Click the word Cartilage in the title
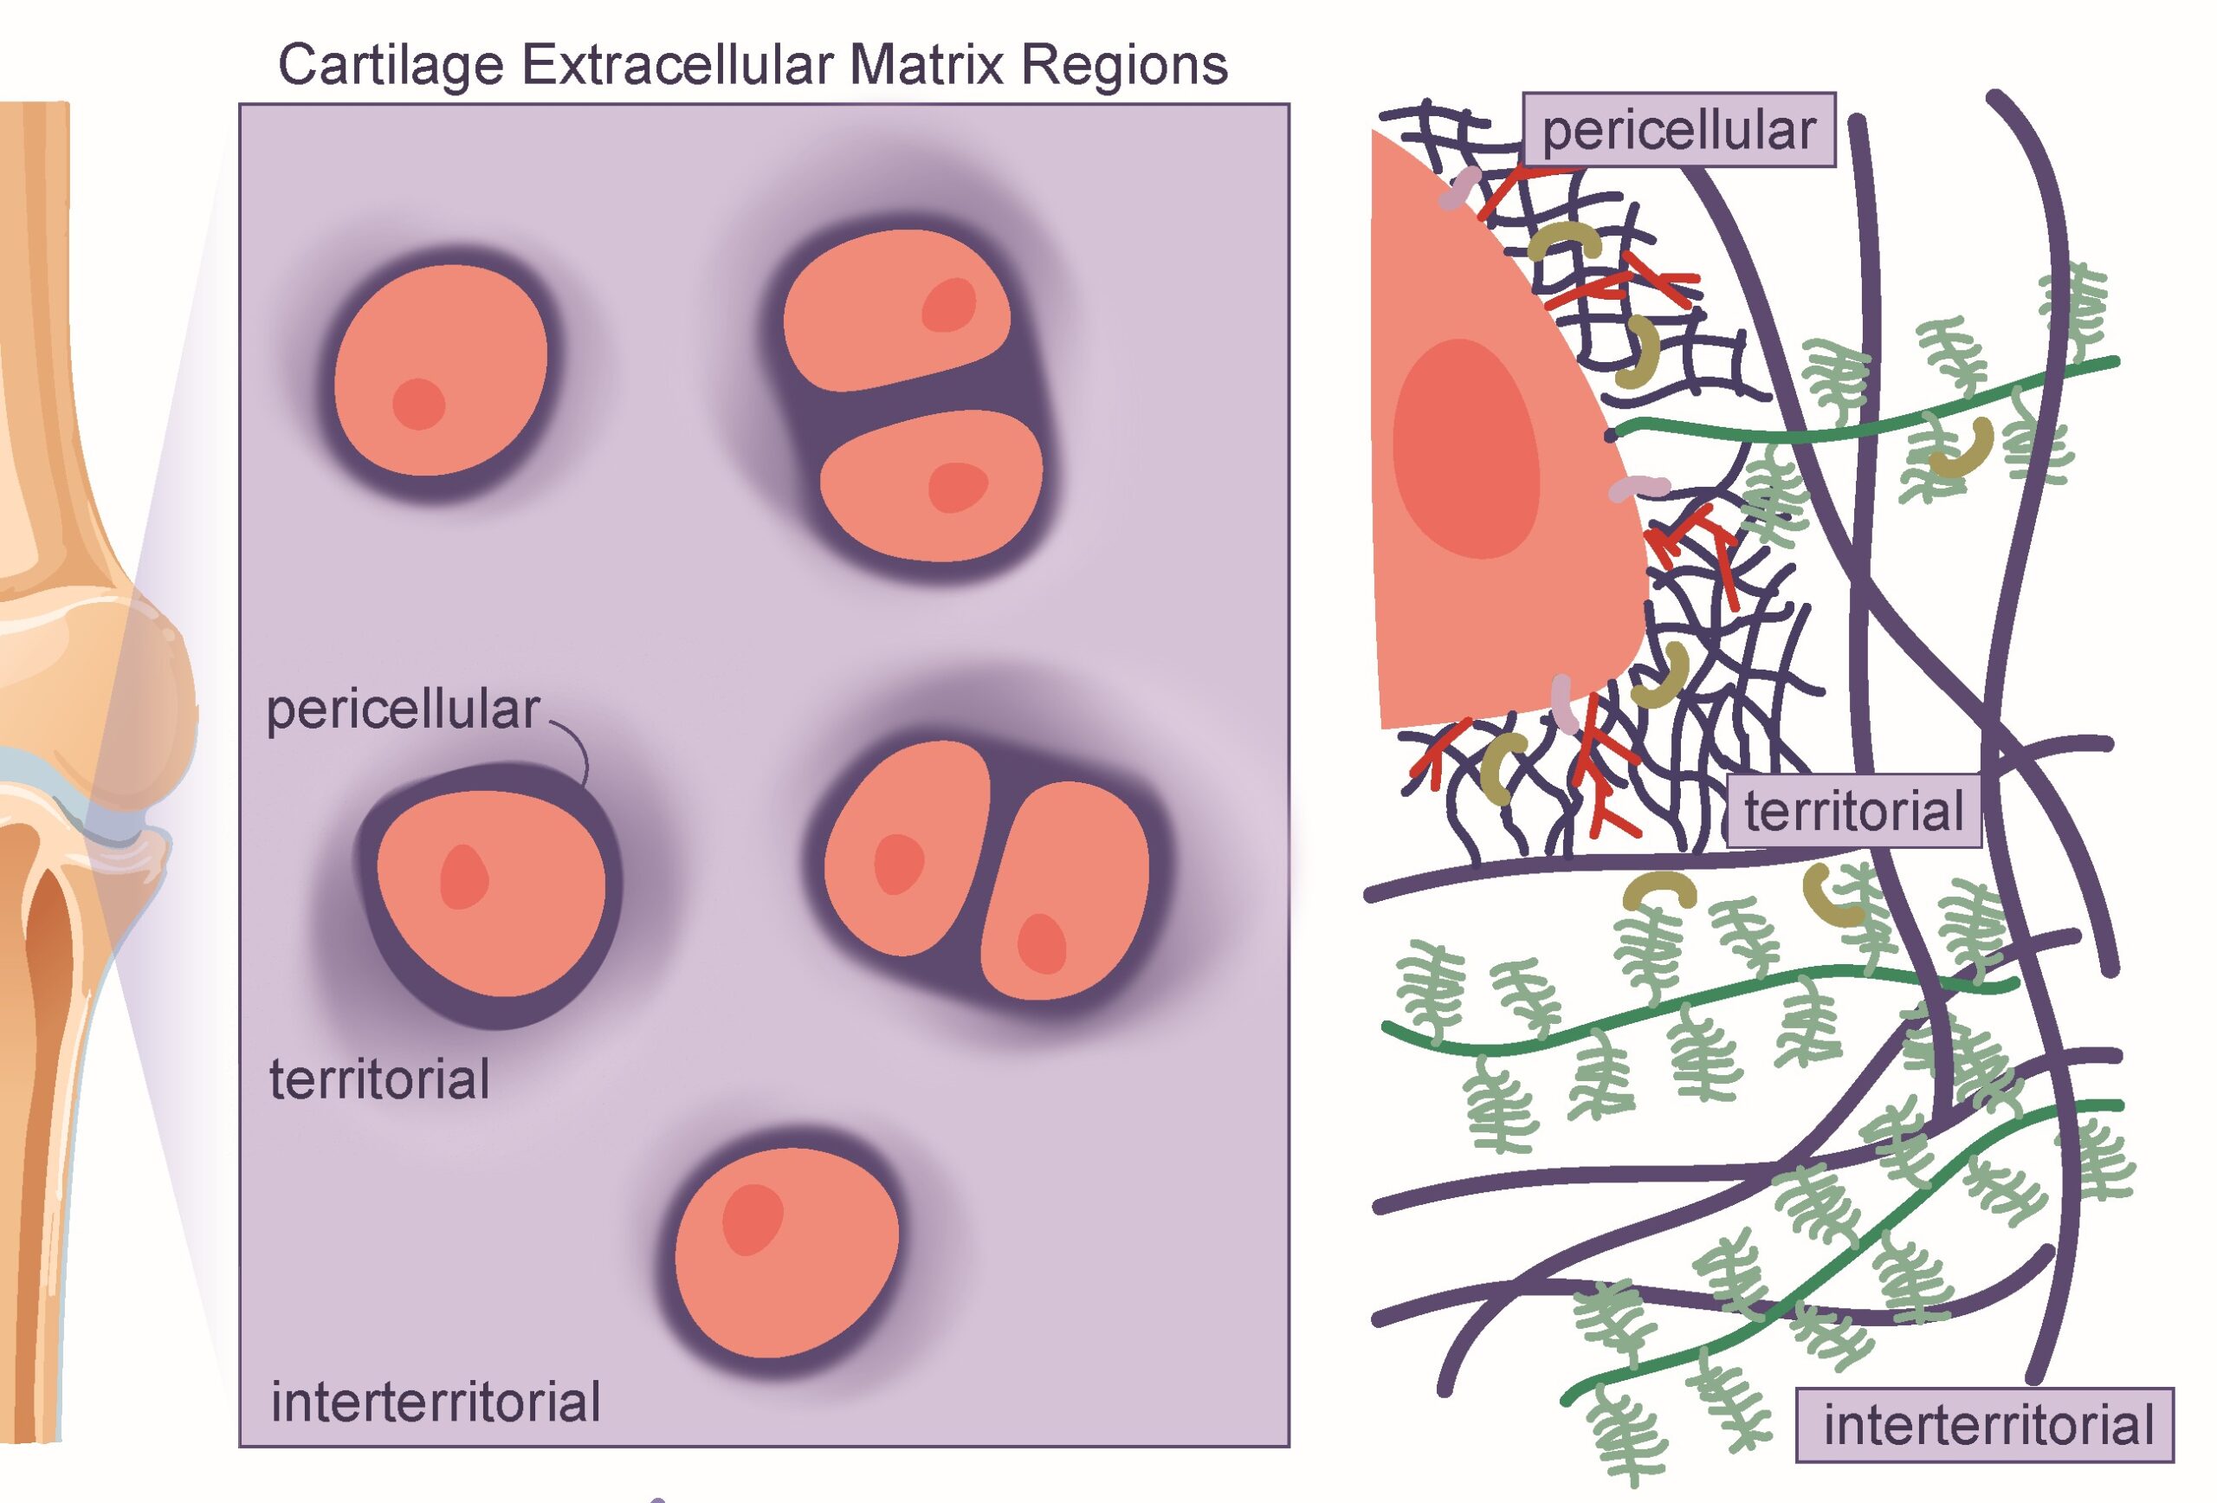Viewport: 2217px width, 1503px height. point(391,66)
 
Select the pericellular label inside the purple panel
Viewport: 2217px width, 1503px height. point(403,711)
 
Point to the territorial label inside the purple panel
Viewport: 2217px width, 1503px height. point(379,1079)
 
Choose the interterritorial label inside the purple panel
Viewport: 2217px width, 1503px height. point(436,1402)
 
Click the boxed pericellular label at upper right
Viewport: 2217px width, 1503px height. point(1678,131)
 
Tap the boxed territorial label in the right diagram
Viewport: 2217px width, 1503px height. point(1853,811)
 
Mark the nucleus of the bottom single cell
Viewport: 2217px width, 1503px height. point(752,1219)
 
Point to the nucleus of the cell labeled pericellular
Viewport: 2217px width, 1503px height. point(463,877)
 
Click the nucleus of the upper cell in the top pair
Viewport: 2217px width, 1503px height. point(949,306)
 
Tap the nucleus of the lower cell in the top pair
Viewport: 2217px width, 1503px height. point(958,487)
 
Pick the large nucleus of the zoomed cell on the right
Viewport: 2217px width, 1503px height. point(1466,449)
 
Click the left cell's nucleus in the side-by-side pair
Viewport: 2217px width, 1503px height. point(899,864)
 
